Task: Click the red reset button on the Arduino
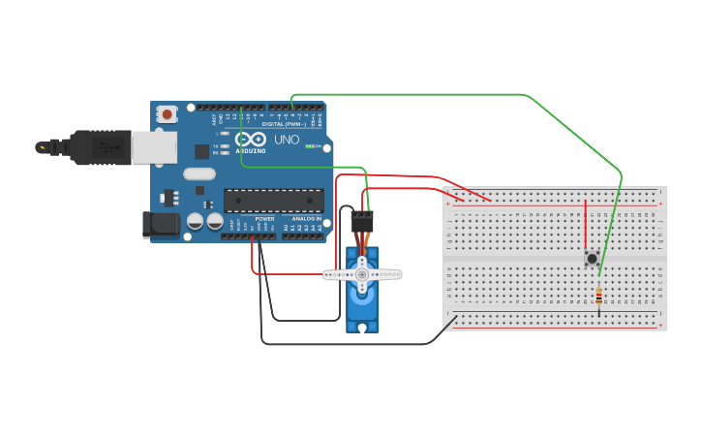(x=167, y=114)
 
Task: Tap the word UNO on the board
(x=287, y=140)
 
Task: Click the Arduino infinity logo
(x=250, y=140)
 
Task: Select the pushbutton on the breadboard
(x=592, y=258)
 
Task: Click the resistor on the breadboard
(x=599, y=297)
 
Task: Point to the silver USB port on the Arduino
(x=155, y=146)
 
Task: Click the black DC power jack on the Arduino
(x=161, y=224)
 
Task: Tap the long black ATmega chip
(x=274, y=201)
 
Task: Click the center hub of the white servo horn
(x=362, y=275)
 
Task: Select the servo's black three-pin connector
(x=361, y=221)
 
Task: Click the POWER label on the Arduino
(x=264, y=219)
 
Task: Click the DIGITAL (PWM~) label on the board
(x=284, y=124)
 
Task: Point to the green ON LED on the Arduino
(x=310, y=145)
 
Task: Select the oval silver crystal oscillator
(x=198, y=174)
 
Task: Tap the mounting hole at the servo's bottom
(x=362, y=327)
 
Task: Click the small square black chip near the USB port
(x=201, y=151)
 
